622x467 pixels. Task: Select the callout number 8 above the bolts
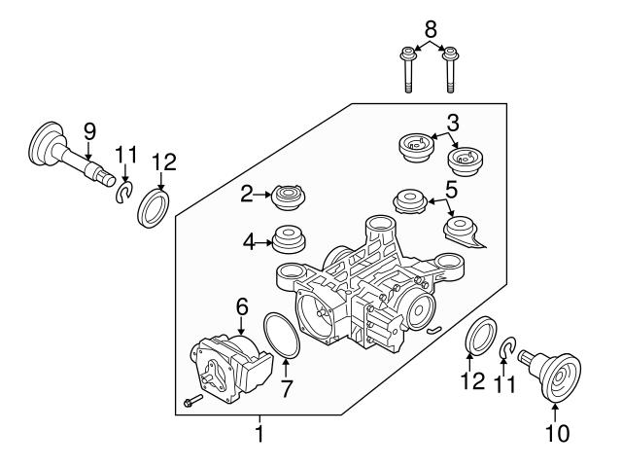(x=431, y=28)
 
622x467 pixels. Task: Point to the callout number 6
(x=242, y=305)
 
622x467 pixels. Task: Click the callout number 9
(x=88, y=129)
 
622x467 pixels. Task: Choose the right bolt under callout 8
(x=450, y=71)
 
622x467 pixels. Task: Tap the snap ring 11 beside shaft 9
(x=122, y=194)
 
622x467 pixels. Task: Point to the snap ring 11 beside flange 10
(x=507, y=347)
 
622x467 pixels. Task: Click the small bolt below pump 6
(x=191, y=400)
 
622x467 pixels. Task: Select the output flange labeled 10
(x=555, y=374)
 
